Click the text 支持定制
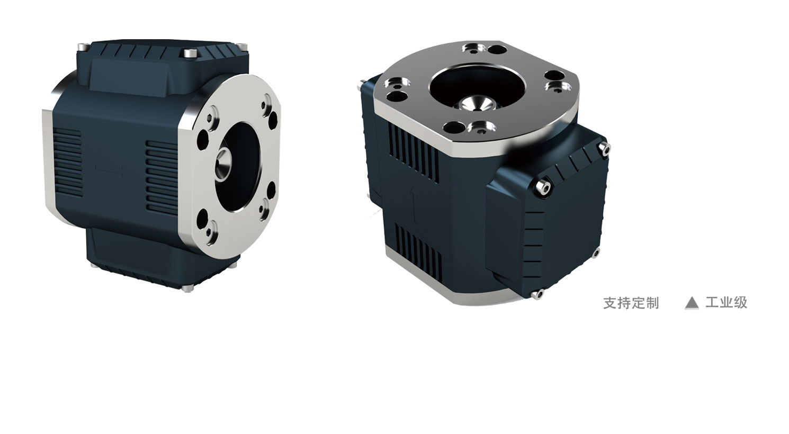[631, 303]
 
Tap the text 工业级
[726, 302]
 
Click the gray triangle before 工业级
[692, 303]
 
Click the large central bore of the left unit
[238, 167]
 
